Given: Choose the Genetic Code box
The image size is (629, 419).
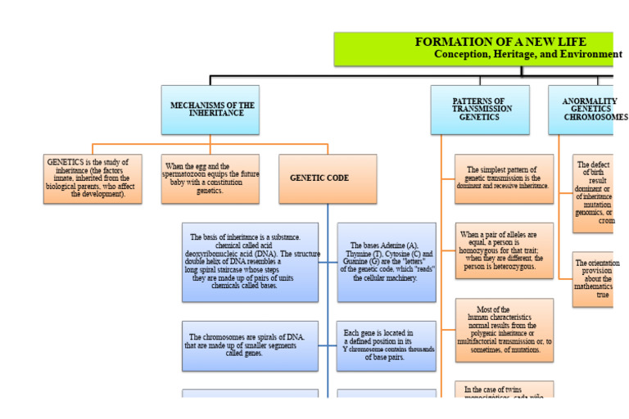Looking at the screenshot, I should click(327, 178).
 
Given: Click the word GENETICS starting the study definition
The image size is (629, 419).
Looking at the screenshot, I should click(65, 162).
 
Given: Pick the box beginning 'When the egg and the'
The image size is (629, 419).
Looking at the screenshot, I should click(210, 178).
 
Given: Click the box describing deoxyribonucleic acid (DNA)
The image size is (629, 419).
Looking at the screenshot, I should click(250, 262).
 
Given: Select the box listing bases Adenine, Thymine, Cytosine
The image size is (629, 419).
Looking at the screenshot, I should click(385, 262).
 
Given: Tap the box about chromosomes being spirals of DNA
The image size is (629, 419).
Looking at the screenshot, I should click(250, 345).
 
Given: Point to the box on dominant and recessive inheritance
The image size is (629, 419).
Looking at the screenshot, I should click(505, 178).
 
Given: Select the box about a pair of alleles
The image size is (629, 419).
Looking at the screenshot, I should click(505, 250).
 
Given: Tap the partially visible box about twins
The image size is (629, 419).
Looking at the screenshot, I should click(505, 390).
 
